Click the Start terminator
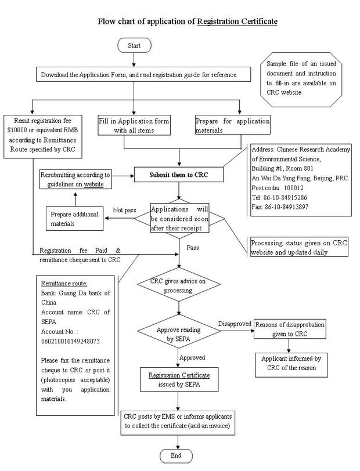click(x=134, y=45)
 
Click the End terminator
click(x=176, y=455)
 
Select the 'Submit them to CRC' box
click(x=179, y=175)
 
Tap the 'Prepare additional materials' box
click(x=74, y=218)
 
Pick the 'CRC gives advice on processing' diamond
click(x=179, y=284)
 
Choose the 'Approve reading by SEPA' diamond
click(x=179, y=332)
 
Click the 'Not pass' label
click(x=124, y=210)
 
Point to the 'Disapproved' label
click(x=235, y=324)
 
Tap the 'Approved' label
click(x=192, y=357)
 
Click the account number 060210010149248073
click(x=70, y=341)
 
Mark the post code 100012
click(x=294, y=188)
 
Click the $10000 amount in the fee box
click(x=17, y=130)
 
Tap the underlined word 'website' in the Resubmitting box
click(x=93, y=184)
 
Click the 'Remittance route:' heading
click(x=64, y=283)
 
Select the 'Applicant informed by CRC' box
click(x=291, y=365)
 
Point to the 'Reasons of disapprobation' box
click(x=290, y=329)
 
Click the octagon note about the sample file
click(x=301, y=79)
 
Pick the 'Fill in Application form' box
click(x=134, y=125)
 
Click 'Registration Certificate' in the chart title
click(x=237, y=21)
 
